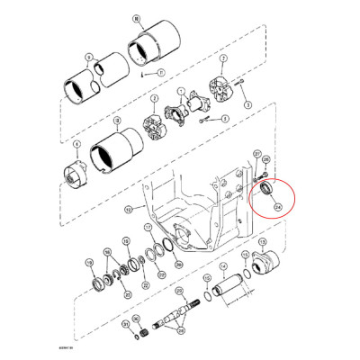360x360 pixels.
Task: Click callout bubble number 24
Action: [277, 207]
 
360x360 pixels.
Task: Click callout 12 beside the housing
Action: [128, 210]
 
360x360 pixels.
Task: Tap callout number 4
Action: [76, 144]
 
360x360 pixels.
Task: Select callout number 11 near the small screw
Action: [161, 71]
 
